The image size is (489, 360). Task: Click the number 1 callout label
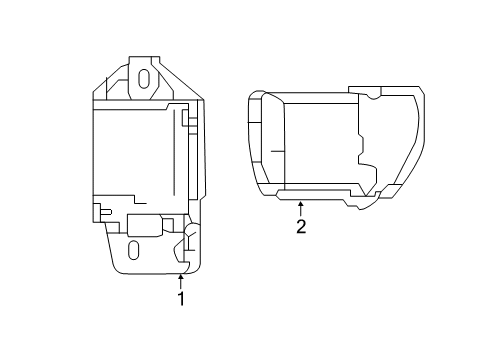coord(181,299)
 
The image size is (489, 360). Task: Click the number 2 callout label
coord(300,227)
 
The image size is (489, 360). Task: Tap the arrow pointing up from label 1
coord(181,281)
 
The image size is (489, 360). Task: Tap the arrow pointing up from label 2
coord(300,207)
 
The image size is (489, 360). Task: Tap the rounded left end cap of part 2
coord(258,140)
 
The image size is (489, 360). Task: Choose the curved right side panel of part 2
coord(400,140)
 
